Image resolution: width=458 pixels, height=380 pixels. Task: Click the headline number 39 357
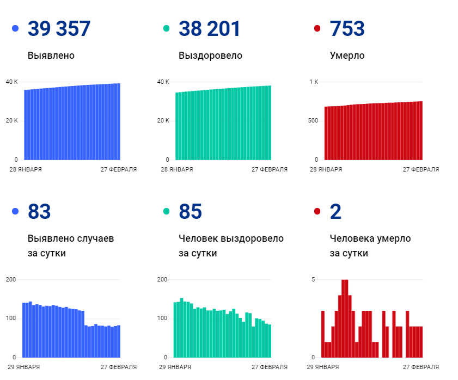[59, 29]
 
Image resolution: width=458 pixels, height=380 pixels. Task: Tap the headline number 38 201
[210, 29]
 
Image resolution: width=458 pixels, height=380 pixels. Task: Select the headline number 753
[347, 29]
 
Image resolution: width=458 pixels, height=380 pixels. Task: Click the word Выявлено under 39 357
[51, 56]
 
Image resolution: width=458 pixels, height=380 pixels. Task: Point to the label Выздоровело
[210, 56]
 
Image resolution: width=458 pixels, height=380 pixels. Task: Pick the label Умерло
[347, 56]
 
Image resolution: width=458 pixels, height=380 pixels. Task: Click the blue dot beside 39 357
[15, 29]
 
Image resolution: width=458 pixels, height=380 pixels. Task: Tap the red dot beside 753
[317, 29]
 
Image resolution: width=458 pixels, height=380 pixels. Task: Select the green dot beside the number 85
[167, 212]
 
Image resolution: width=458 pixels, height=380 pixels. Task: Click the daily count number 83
[39, 212]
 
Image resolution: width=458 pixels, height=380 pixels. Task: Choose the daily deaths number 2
[335, 212]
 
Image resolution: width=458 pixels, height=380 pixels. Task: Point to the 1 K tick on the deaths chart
[314, 82]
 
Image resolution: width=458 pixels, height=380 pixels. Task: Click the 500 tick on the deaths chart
[313, 120]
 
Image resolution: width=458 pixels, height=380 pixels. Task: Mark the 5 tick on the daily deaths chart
[313, 279]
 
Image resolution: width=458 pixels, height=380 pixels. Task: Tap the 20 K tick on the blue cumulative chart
[12, 120]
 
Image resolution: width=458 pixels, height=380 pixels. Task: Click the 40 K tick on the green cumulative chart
[163, 82]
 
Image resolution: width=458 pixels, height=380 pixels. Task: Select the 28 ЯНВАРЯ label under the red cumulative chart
[326, 169]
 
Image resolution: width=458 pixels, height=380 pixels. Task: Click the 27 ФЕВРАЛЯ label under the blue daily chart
[119, 367]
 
